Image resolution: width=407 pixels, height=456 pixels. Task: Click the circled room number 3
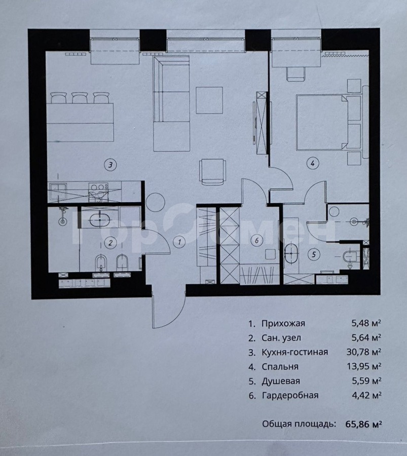109,164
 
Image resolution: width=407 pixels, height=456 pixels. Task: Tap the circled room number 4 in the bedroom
313,163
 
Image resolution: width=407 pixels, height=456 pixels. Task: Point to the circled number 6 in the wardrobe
257,241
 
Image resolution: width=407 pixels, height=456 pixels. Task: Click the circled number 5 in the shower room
313,254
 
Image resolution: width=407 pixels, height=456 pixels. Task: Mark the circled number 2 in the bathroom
109,243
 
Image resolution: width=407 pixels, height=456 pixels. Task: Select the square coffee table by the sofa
209,100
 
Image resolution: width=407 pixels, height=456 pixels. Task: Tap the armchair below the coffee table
211,172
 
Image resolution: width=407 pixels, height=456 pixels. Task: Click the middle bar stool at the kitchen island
80,97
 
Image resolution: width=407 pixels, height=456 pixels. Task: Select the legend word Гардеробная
290,395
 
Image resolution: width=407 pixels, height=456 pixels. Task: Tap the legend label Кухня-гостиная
294,352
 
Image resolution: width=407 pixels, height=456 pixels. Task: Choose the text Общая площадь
299,424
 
